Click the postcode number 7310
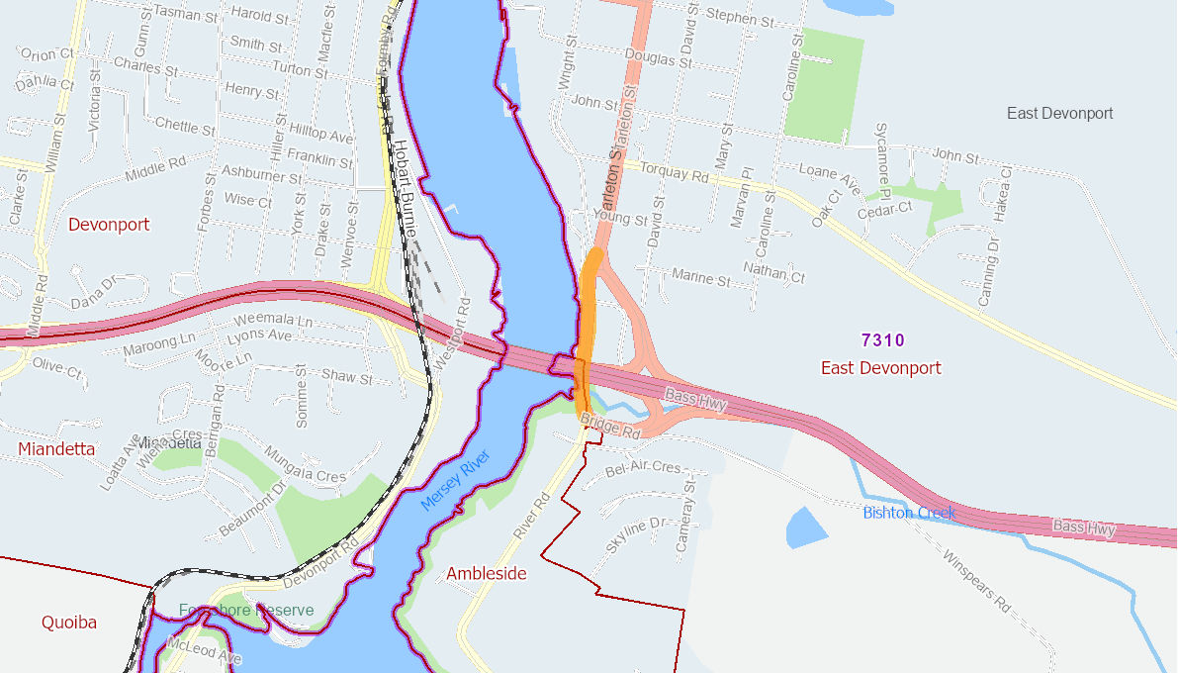tap(882, 340)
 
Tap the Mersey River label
tap(455, 481)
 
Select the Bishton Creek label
tap(908, 513)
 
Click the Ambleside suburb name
tap(486, 574)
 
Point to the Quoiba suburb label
tap(69, 623)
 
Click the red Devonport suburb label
tap(109, 225)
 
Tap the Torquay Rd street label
tap(675, 172)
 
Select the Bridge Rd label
tap(610, 427)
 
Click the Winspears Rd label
tap(975, 581)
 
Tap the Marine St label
tap(699, 279)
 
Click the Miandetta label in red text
tap(56, 449)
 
